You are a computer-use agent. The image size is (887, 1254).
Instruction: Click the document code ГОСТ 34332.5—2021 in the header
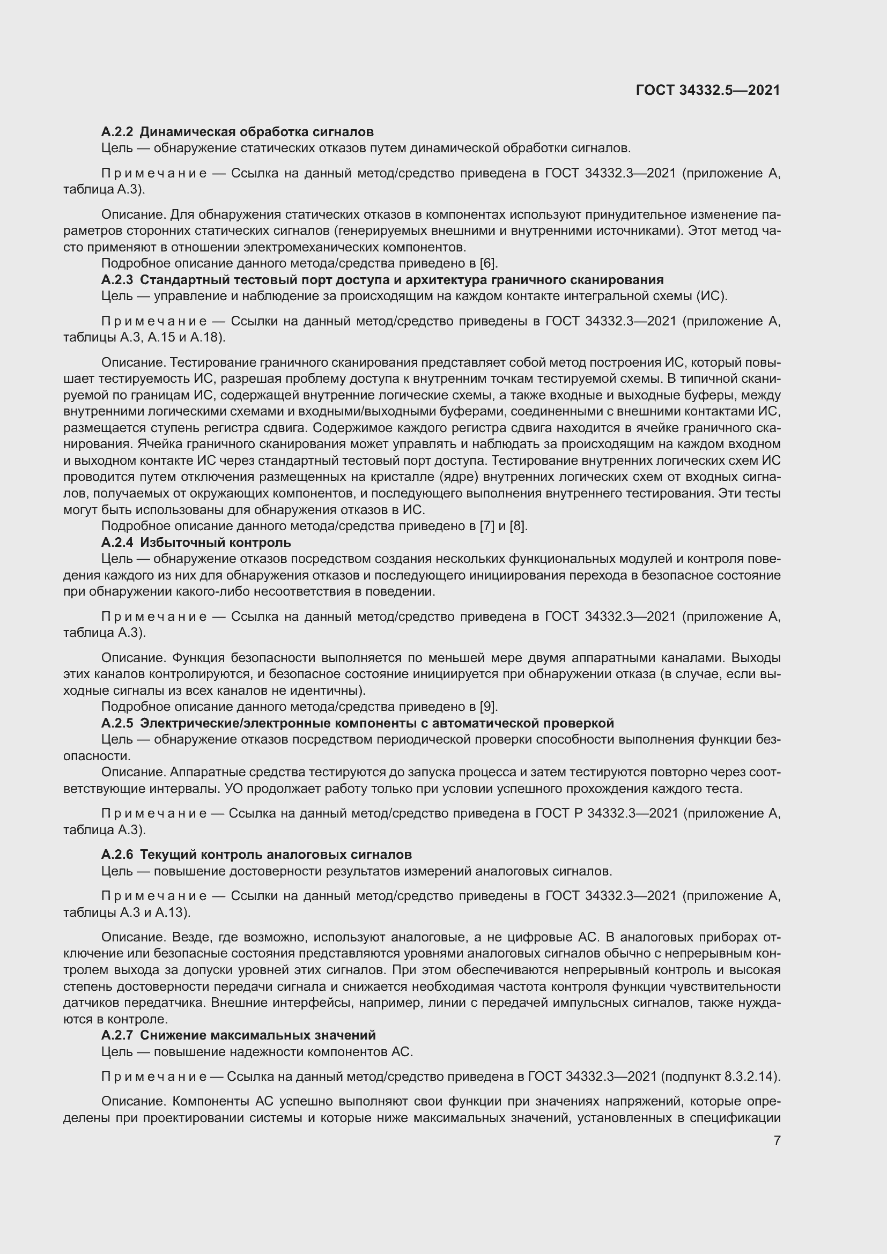click(708, 90)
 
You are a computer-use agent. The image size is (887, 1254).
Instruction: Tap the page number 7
click(777, 1140)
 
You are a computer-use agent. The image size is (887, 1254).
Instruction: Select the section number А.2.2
click(117, 132)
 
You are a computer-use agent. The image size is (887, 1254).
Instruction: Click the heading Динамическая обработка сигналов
click(257, 132)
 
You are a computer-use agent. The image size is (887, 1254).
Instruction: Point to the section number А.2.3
click(117, 280)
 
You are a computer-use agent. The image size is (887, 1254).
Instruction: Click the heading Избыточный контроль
click(215, 543)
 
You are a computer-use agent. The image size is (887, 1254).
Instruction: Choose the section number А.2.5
click(117, 723)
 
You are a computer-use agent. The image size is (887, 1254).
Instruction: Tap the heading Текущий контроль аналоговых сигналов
click(276, 854)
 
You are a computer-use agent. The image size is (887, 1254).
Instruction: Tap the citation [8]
click(518, 526)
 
